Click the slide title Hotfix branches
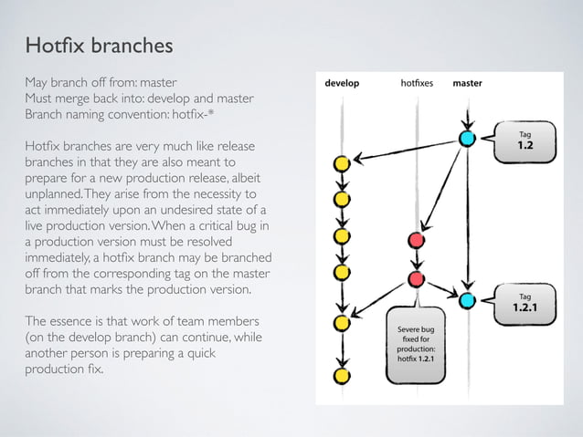click(99, 46)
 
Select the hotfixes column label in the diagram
click(416, 83)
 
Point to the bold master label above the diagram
click(467, 83)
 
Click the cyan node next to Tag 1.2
click(467, 139)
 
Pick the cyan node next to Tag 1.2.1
click(467, 300)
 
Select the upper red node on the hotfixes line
click(417, 240)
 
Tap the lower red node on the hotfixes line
click(417, 279)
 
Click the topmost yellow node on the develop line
click(342, 165)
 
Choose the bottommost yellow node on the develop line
click(342, 375)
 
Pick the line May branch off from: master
click(100, 82)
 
